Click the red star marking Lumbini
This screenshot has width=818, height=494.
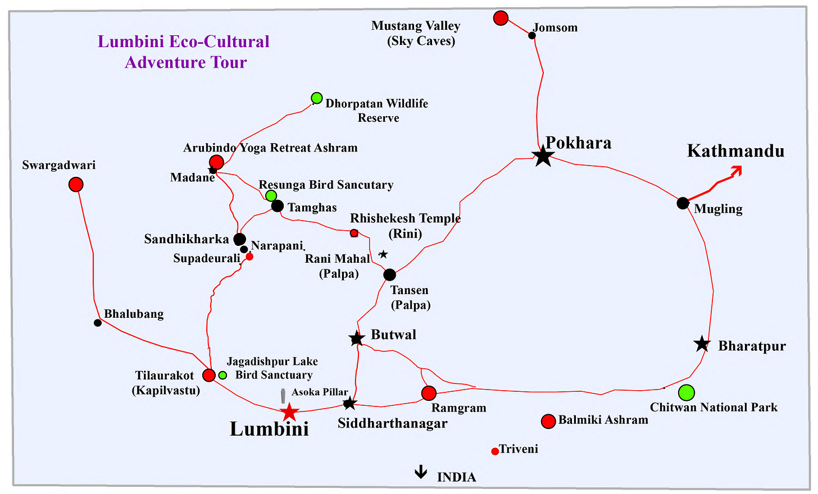(x=289, y=412)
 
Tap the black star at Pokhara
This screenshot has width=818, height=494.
(x=543, y=157)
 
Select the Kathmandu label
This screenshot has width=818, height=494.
(x=735, y=151)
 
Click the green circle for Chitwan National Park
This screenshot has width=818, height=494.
(x=686, y=392)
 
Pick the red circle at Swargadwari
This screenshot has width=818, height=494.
(x=76, y=184)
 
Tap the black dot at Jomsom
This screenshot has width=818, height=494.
(x=532, y=35)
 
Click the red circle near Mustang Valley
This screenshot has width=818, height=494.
(x=501, y=18)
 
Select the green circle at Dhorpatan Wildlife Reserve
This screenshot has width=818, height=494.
(x=317, y=98)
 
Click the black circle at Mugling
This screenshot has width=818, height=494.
(x=683, y=203)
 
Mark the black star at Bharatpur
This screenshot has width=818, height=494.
(x=702, y=344)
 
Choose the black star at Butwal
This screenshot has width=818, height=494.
(x=357, y=339)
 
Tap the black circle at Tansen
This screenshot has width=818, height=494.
(x=389, y=275)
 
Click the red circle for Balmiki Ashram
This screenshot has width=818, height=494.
(x=548, y=421)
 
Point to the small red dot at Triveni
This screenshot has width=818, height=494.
(x=495, y=451)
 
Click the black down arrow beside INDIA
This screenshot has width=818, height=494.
(x=421, y=472)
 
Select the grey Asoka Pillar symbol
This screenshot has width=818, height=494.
(x=283, y=395)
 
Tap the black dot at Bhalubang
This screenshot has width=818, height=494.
(x=98, y=323)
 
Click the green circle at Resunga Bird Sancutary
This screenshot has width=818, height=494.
(x=271, y=195)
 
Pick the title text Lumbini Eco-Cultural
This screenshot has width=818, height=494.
(x=184, y=42)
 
